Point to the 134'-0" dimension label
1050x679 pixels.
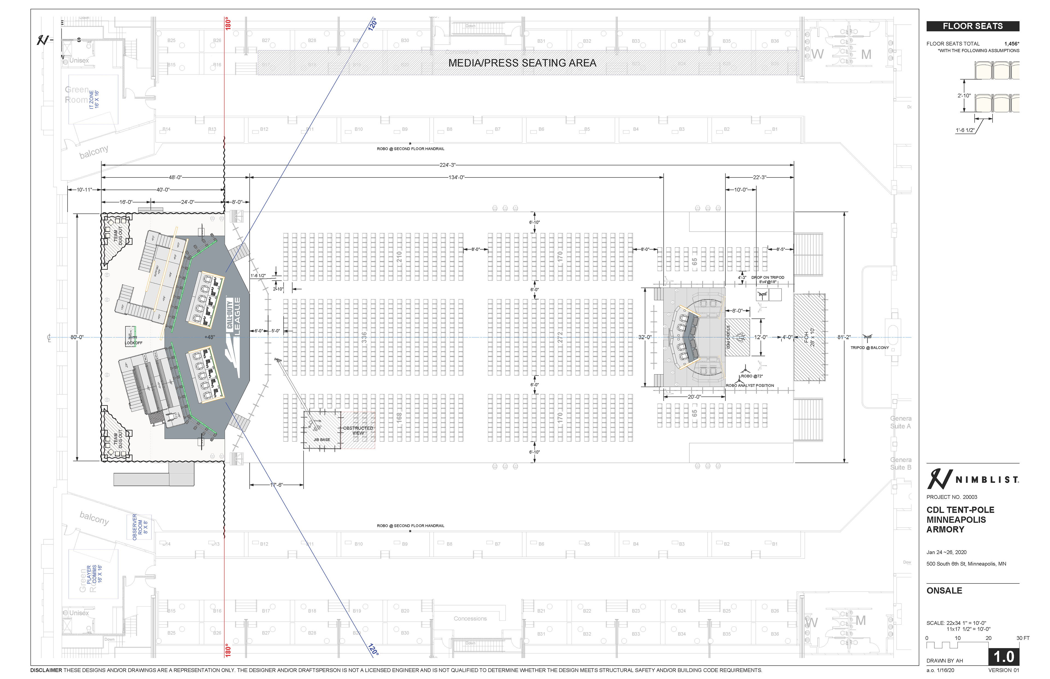[x=456, y=177]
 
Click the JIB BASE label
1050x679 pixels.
[x=322, y=440]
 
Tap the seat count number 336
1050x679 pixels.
[x=364, y=337]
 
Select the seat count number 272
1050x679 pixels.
[x=560, y=337]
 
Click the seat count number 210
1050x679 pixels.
[x=399, y=257]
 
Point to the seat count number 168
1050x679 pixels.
[x=399, y=417]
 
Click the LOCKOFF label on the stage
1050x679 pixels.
[x=134, y=343]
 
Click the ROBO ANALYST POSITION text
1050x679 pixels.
[x=750, y=385]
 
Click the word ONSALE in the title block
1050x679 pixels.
[x=944, y=590]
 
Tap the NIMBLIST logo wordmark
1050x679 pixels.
[x=987, y=480]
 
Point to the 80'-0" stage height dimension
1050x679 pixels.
[x=77, y=337]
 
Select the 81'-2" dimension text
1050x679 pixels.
[x=844, y=337]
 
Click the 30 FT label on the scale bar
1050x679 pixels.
[x=1023, y=638]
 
